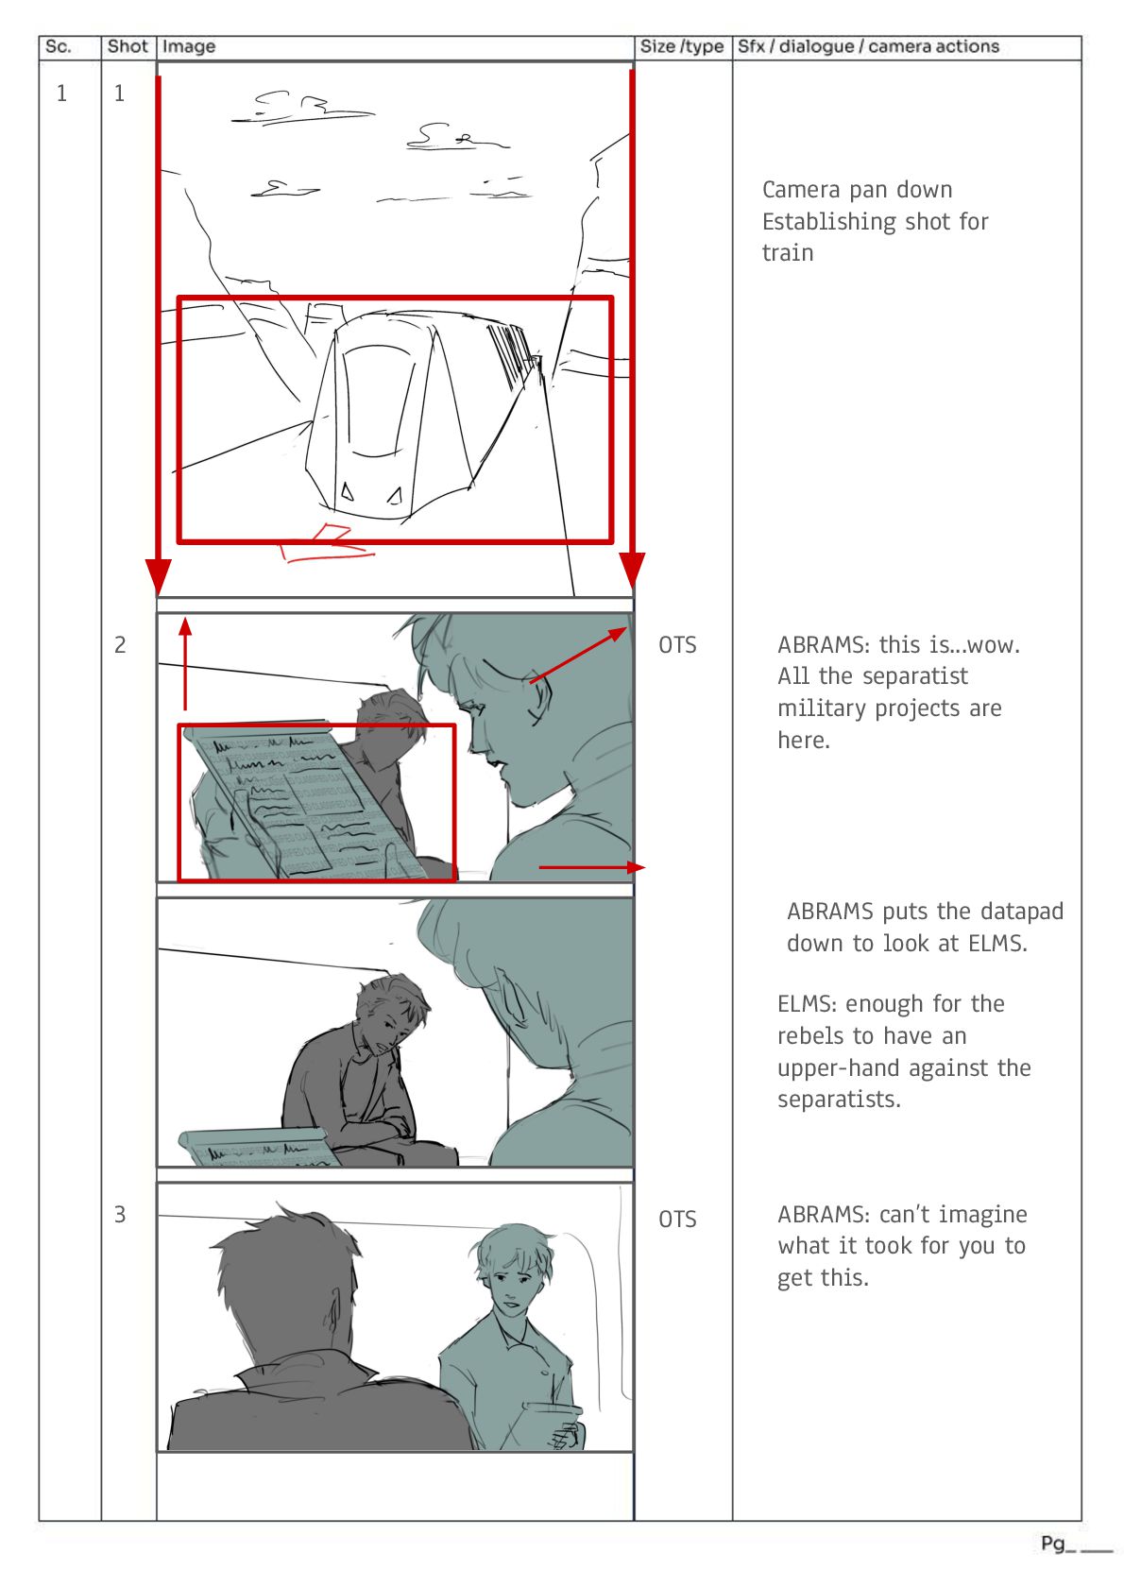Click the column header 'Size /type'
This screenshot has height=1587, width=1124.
click(681, 47)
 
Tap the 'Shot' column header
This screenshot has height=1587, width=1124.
click(128, 47)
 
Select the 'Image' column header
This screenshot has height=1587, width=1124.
click(188, 47)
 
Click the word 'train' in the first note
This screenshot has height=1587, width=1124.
click(788, 253)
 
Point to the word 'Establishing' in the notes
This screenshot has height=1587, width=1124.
click(826, 222)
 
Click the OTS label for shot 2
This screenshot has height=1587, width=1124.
click(678, 644)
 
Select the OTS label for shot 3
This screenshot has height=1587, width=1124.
click(678, 1220)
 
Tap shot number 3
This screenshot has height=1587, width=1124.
click(120, 1215)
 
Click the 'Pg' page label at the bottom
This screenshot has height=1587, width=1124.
click(1052, 1544)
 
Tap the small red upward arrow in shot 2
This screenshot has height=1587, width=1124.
click(185, 662)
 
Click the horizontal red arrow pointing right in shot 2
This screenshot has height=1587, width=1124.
click(592, 867)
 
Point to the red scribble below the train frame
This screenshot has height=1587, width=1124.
click(327, 543)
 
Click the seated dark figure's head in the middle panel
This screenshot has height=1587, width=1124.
click(390, 1009)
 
